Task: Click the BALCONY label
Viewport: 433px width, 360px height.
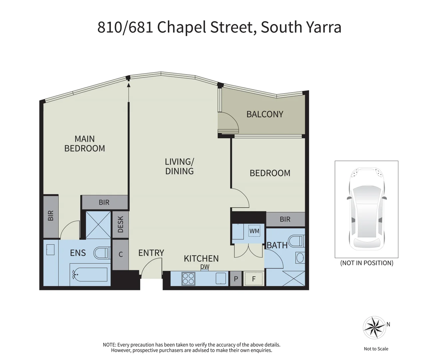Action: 265,114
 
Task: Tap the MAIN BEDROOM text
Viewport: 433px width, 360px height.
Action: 85,144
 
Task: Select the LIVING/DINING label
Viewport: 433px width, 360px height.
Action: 179,166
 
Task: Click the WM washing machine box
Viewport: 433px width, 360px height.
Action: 254,231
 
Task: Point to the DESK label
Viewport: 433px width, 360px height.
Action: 121,225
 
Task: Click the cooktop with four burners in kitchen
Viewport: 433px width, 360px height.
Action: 188,279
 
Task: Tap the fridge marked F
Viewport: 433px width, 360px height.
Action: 253,279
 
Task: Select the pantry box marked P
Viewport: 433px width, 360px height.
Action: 236,279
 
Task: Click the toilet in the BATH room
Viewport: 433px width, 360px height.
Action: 296,241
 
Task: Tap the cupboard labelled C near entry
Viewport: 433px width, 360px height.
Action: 121,255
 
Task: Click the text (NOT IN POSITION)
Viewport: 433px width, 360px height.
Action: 366,263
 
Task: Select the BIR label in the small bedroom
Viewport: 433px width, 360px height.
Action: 285,219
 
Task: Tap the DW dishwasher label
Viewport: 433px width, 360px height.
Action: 205,267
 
